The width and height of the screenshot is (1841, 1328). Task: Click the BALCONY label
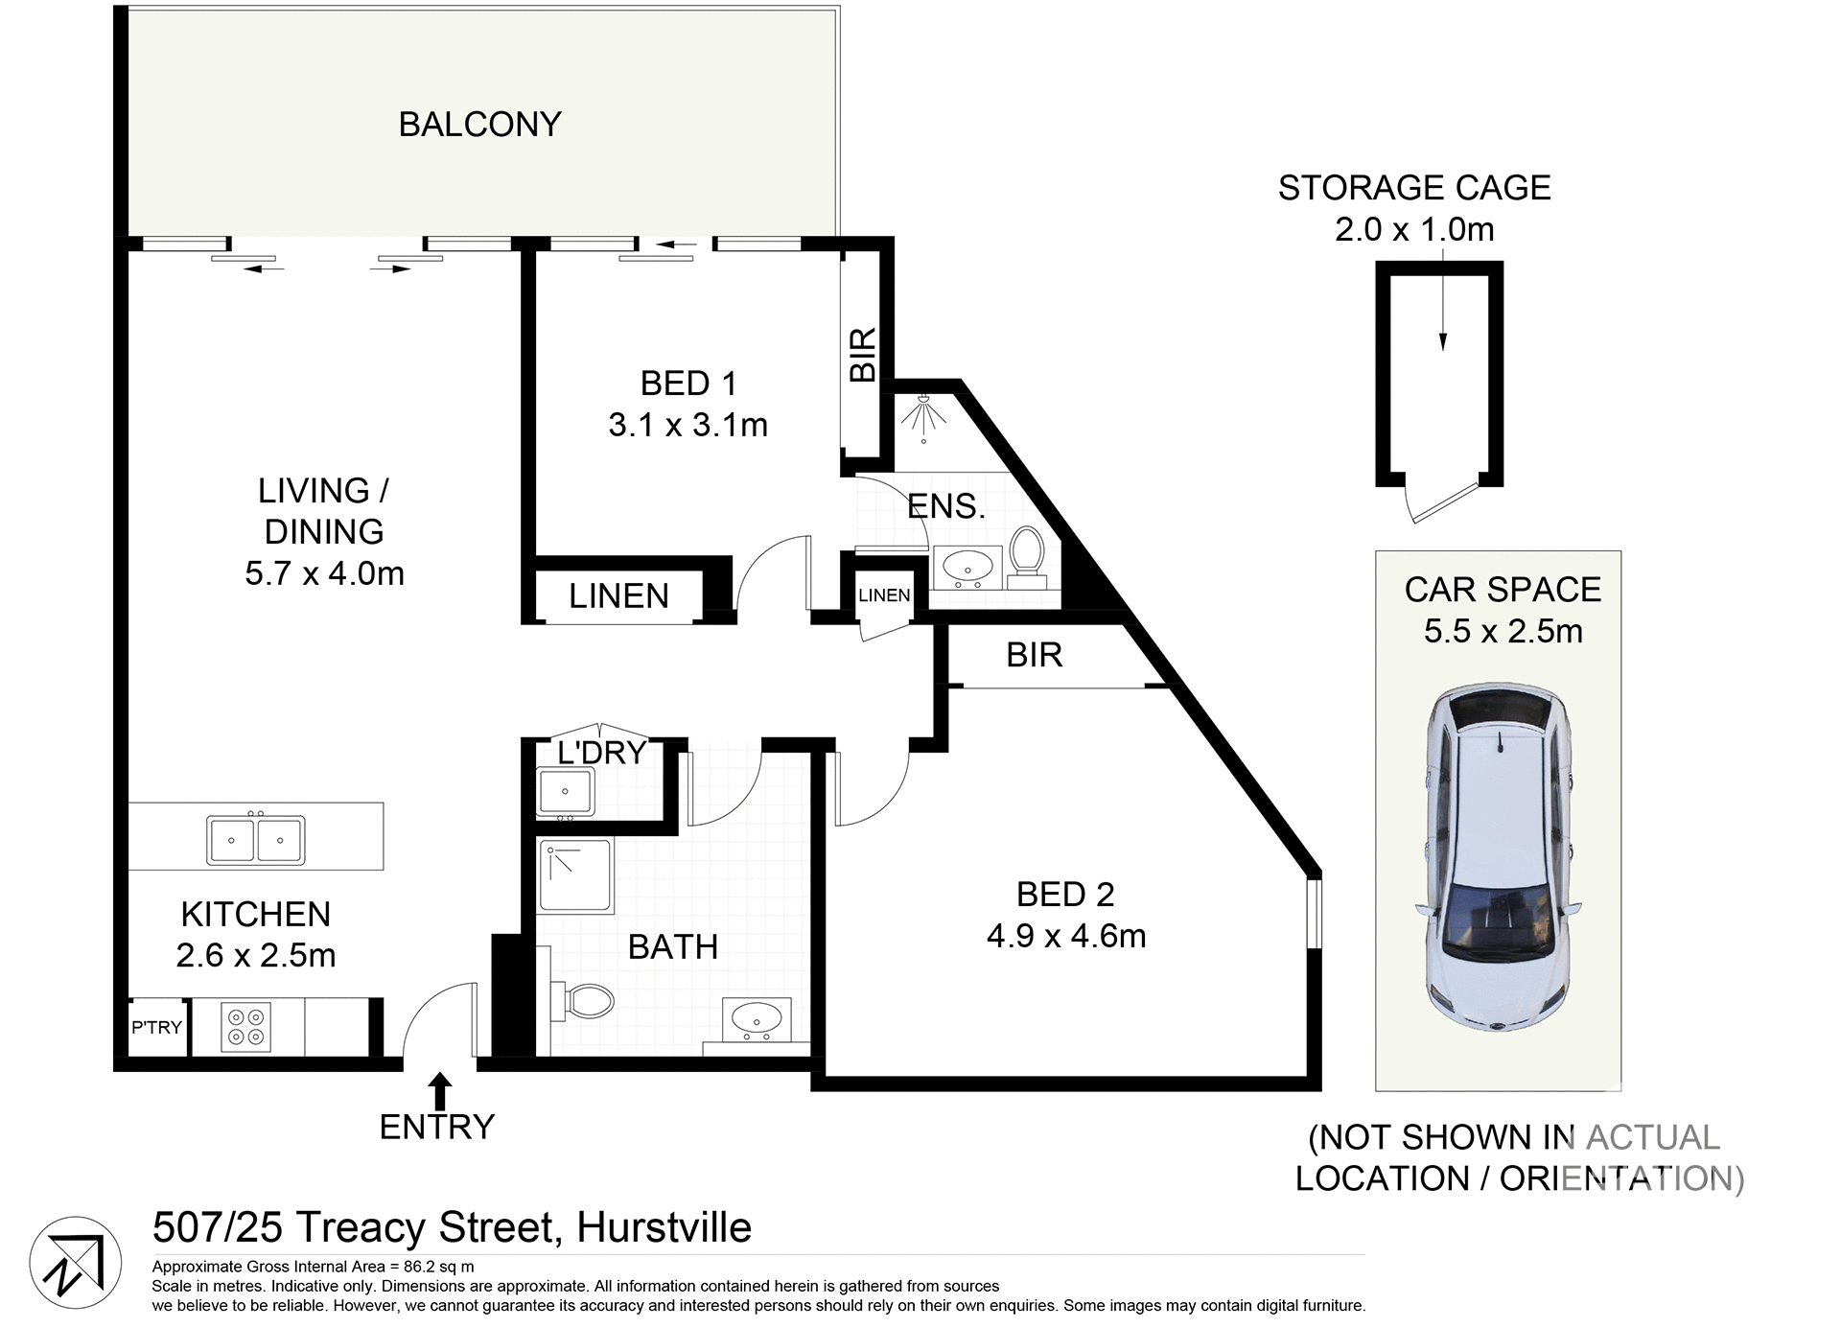pos(479,125)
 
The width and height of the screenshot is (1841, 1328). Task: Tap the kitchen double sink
pos(255,840)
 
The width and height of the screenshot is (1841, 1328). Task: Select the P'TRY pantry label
pos(156,1027)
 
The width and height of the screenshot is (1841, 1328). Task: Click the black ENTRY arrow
pos(440,1091)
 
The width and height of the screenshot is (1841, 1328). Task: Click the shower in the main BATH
pos(575,875)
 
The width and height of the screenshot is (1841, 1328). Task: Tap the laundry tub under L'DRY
pos(565,793)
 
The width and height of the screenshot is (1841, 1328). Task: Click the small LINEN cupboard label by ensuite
pos(884,595)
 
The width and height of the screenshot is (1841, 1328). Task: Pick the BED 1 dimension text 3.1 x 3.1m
pos(687,425)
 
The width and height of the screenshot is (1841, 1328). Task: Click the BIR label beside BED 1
pos(863,355)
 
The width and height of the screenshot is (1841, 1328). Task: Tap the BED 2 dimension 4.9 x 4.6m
pos(1065,936)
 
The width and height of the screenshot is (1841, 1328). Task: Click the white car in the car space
pos(1499,856)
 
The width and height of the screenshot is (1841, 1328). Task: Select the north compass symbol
pos(75,1263)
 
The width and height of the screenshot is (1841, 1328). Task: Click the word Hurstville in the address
pos(664,1227)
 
